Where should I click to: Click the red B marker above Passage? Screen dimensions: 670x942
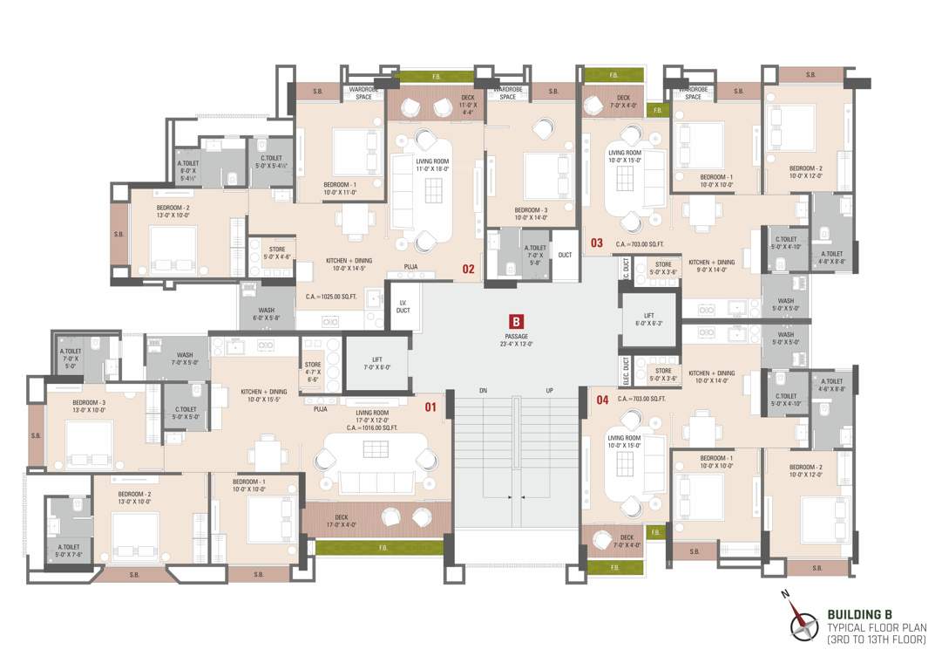point(517,320)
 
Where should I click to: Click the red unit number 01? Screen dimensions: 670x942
point(430,407)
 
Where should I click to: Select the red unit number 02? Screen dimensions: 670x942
point(468,269)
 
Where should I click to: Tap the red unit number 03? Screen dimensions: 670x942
point(597,243)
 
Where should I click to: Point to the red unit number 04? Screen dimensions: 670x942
point(601,401)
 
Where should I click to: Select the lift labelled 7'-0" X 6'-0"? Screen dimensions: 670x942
point(376,363)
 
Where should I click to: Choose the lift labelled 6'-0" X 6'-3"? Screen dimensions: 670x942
point(648,318)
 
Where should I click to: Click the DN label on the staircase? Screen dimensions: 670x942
point(483,390)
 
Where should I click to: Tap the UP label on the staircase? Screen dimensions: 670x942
point(549,390)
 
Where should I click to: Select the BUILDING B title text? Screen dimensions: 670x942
point(859,614)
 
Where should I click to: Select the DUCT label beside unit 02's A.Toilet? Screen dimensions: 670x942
point(566,255)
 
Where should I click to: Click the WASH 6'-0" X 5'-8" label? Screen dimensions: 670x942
point(267,314)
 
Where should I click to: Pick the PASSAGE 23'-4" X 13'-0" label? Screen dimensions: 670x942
point(518,340)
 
